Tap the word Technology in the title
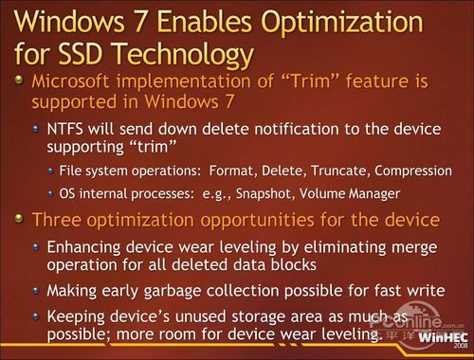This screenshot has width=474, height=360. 202,49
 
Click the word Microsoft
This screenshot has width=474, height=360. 79,82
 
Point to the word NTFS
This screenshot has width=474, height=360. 65,127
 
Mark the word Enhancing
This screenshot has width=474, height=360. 83,246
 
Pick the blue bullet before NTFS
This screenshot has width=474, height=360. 36,127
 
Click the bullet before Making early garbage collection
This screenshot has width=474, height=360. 36,291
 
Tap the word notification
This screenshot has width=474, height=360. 275,127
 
